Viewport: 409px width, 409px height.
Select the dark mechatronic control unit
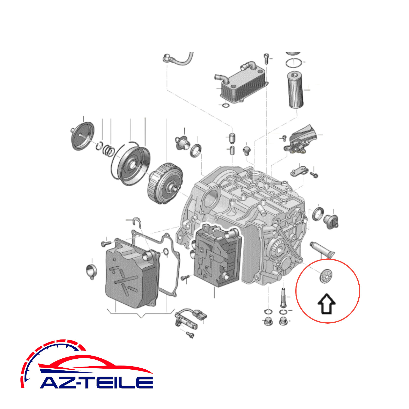click(x=217, y=256)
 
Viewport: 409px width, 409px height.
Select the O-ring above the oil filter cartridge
click(x=294, y=63)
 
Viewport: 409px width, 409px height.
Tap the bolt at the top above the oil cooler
click(x=266, y=59)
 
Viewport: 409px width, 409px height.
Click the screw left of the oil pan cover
click(x=106, y=243)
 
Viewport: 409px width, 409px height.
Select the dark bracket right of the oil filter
click(x=302, y=139)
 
